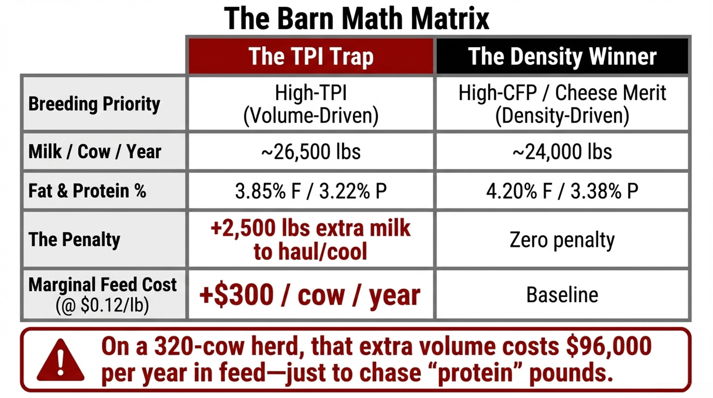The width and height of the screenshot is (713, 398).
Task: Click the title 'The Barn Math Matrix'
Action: [356, 18]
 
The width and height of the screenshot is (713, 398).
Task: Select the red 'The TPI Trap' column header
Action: [311, 56]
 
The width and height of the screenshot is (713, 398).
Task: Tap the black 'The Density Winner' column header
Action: [562, 56]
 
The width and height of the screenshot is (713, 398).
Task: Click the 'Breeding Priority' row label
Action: [94, 104]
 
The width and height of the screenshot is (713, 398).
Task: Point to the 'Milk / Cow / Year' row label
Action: [95, 152]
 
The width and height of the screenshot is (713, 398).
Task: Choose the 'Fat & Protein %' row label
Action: [87, 190]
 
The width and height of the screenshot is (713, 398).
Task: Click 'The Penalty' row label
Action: [74, 239]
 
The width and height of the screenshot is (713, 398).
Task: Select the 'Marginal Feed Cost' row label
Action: [103, 285]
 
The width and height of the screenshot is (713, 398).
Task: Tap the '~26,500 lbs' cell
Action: [311, 152]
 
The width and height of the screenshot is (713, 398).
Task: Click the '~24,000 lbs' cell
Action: [562, 152]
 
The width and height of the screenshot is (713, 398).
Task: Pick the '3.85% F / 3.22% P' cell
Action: [311, 191]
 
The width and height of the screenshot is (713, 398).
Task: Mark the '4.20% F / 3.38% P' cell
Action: [562, 191]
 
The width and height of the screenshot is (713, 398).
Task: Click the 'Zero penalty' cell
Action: [562, 240]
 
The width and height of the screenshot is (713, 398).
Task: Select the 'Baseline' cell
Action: [562, 295]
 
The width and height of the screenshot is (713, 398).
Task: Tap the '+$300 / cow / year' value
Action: [310, 295]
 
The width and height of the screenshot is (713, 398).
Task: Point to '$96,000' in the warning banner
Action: [609, 346]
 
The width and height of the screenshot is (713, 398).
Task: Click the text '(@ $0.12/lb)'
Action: [102, 305]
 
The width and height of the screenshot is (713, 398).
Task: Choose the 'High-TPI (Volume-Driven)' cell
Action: [311, 104]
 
